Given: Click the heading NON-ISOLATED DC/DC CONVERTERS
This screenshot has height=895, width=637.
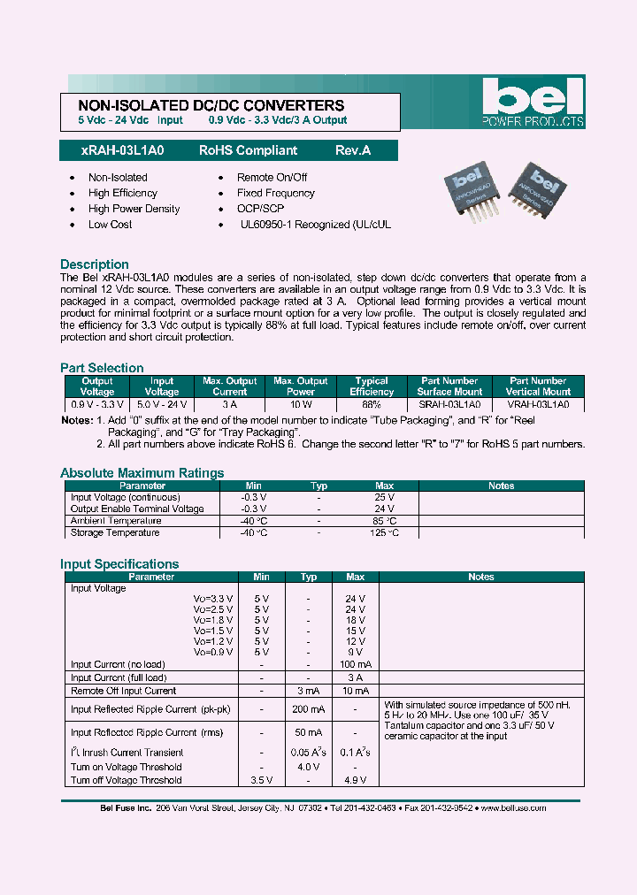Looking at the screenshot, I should pyautogui.click(x=205, y=105).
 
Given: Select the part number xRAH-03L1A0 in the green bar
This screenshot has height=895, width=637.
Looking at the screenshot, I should pyautogui.click(x=111, y=151).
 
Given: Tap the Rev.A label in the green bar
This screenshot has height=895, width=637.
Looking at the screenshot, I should pyautogui.click(x=353, y=151).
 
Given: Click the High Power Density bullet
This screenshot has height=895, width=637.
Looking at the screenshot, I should pyautogui.click(x=134, y=209).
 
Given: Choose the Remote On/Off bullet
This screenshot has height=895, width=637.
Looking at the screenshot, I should pyautogui.click(x=272, y=178).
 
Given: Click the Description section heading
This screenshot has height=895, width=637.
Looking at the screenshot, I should pyautogui.click(x=95, y=264).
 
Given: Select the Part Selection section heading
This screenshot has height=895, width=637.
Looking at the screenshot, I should pyautogui.click(x=102, y=368).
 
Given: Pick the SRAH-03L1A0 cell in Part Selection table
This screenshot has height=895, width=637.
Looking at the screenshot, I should pyautogui.click(x=450, y=404).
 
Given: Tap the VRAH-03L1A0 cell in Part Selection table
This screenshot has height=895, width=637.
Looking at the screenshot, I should pyautogui.click(x=538, y=404).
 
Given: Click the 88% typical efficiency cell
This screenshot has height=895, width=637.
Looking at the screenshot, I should pyautogui.click(x=371, y=404).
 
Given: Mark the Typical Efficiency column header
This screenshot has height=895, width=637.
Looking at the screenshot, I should pyautogui.click(x=371, y=386).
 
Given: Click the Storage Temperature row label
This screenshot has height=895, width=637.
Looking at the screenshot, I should pyautogui.click(x=115, y=532).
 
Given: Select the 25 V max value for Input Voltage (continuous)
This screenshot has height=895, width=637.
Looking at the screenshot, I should pyautogui.click(x=384, y=498).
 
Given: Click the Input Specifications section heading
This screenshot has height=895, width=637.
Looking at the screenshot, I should pyautogui.click(x=119, y=564).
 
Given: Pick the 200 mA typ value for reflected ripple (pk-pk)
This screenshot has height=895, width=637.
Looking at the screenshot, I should pyautogui.click(x=309, y=709).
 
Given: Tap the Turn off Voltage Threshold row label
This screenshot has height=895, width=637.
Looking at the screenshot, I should pyautogui.click(x=126, y=780).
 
